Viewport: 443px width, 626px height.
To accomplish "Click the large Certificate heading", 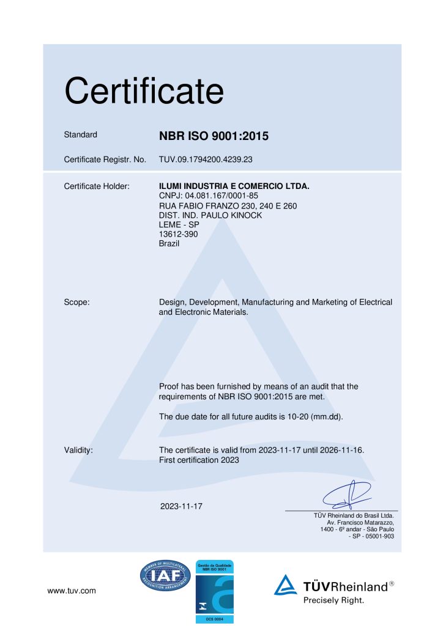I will pyautogui.click(x=144, y=92).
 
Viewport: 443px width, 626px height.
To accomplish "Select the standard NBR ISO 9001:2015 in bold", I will pyautogui.click(x=214, y=136).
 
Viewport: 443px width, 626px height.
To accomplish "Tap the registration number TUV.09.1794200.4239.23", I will pyautogui.click(x=206, y=160).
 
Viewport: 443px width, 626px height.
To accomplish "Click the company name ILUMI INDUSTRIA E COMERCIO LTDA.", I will pyautogui.click(x=234, y=185).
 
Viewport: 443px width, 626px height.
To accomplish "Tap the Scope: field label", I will pyautogui.click(x=77, y=302).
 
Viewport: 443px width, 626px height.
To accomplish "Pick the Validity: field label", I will pyautogui.click(x=78, y=451).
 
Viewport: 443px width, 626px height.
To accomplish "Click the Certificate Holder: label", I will pyautogui.click(x=97, y=185).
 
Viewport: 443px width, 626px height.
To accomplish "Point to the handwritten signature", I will pyautogui.click(x=346, y=493).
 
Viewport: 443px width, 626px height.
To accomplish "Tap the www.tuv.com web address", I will pyautogui.click(x=72, y=591).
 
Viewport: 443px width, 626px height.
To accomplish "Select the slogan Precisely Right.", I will pyautogui.click(x=333, y=600).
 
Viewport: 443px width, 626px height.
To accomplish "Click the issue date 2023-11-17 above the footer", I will pyautogui.click(x=181, y=507).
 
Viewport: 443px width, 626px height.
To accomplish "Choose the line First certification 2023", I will pyautogui.click(x=199, y=460).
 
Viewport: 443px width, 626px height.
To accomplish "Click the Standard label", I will pyautogui.click(x=80, y=134).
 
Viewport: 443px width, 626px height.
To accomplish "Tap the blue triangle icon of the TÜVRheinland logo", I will pyautogui.click(x=286, y=585).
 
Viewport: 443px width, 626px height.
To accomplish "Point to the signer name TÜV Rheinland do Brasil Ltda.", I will pyautogui.click(x=354, y=516).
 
